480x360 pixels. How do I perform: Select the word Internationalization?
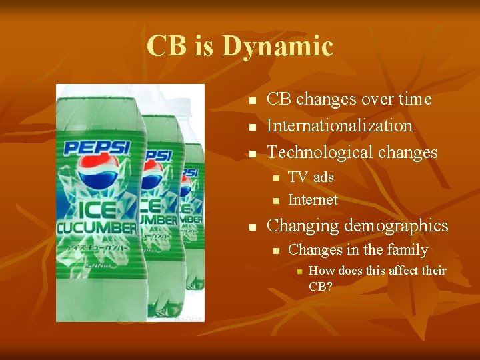pos(339,125)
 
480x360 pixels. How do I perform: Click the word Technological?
pos(319,152)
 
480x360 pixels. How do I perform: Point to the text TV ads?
pos(311,177)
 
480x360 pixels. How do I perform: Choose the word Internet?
pos(313,199)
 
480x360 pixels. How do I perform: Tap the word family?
pos(407,250)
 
